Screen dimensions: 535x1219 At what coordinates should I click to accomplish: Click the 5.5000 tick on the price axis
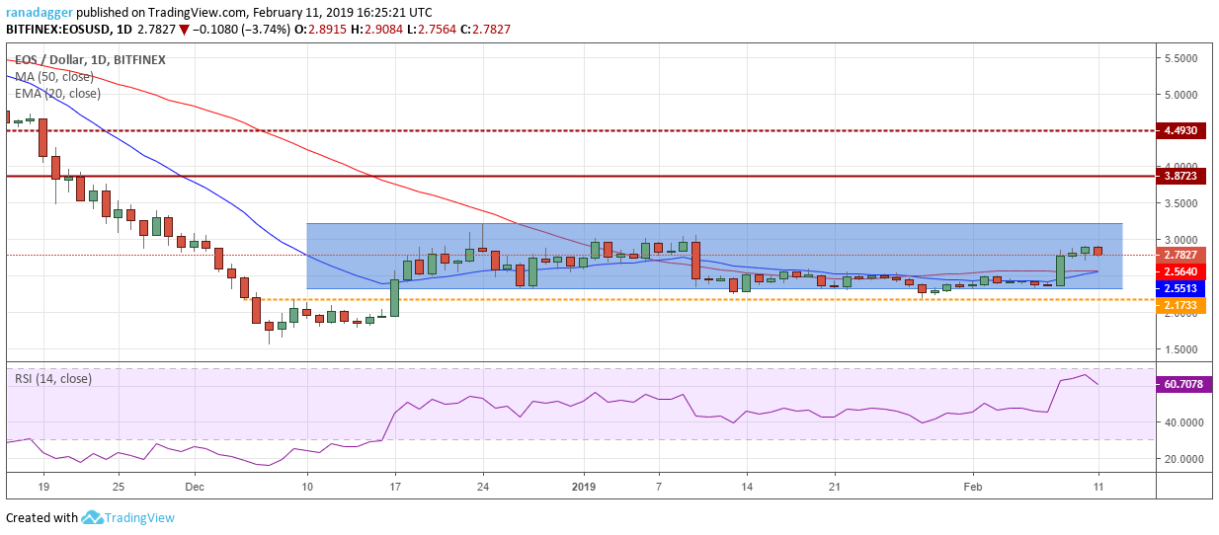coord(1181,58)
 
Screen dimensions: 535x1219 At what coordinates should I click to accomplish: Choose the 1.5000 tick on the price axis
coord(1181,349)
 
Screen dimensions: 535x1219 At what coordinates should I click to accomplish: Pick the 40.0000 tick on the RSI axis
coord(1181,421)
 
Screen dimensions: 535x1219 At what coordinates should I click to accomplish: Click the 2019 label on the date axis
coord(583,487)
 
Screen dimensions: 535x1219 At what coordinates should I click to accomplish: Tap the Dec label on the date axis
coord(194,487)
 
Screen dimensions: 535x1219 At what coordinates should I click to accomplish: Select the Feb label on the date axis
coord(973,487)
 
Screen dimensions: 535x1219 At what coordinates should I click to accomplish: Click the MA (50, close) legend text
coord(53,77)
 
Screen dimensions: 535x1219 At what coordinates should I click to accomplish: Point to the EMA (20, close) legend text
coord(56,94)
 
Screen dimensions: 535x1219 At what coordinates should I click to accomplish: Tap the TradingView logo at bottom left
coord(128,518)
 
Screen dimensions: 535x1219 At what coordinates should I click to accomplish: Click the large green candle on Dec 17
coord(394,297)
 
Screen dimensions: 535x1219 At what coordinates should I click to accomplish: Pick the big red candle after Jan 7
coord(695,260)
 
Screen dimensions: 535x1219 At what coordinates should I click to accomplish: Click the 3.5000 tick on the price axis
coord(1181,203)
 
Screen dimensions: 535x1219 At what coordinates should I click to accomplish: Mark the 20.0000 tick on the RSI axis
coord(1181,459)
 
